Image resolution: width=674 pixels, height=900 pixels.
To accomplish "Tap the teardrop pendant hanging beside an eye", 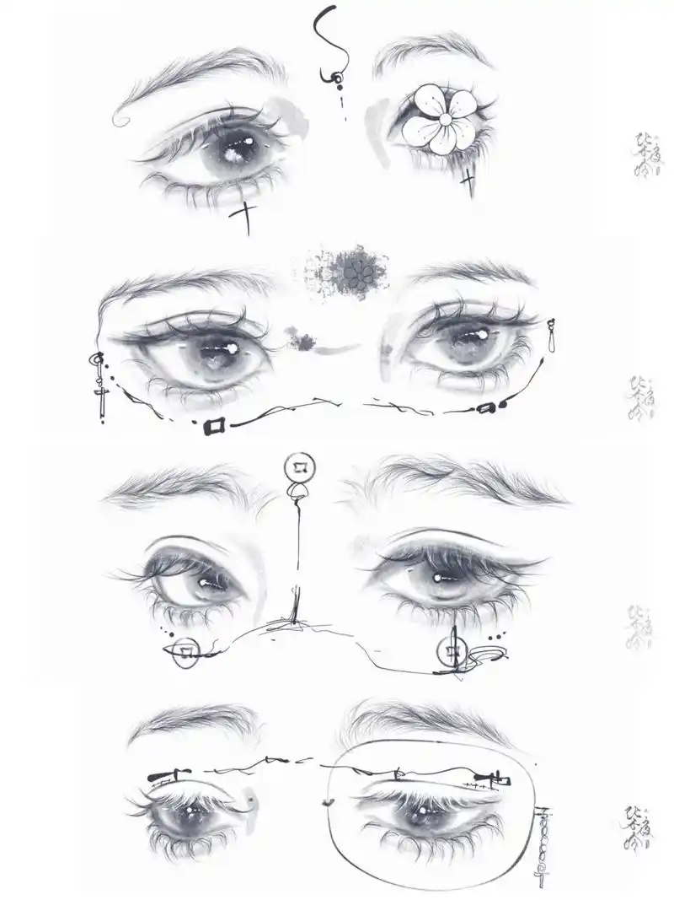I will pos(552,337).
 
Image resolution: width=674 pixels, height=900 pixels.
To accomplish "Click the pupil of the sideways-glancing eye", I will pos(205,581).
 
